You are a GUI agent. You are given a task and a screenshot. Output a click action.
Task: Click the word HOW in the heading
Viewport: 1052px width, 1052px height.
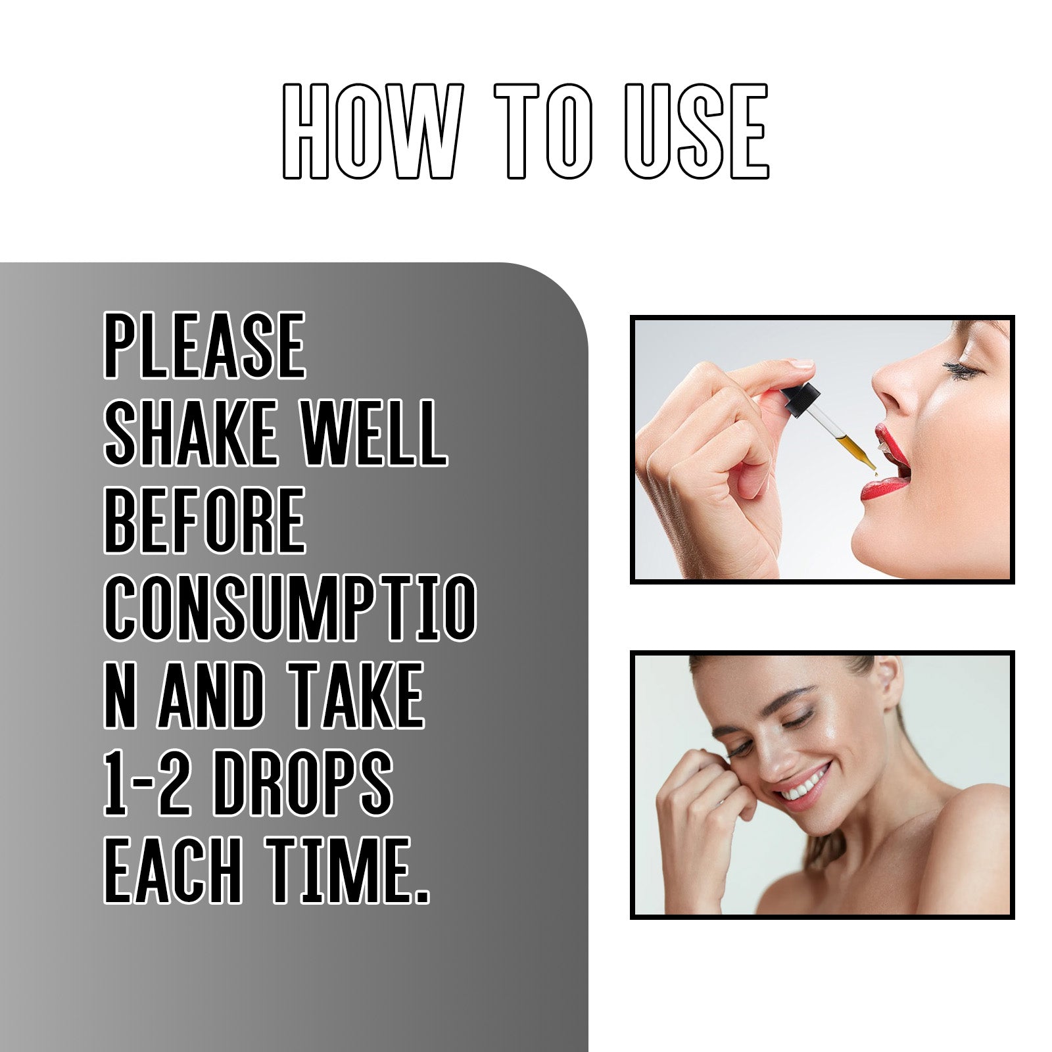[372, 131]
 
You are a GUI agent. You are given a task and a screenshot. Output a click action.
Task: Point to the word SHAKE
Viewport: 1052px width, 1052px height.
[191, 433]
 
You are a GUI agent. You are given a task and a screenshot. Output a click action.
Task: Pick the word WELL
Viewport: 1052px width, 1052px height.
[373, 433]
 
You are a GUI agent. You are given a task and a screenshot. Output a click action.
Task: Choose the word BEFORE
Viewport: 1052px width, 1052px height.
[204, 521]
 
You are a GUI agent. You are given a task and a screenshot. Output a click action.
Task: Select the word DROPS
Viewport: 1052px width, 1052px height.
[302, 783]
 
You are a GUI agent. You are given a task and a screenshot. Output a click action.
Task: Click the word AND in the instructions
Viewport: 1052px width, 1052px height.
[210, 696]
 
